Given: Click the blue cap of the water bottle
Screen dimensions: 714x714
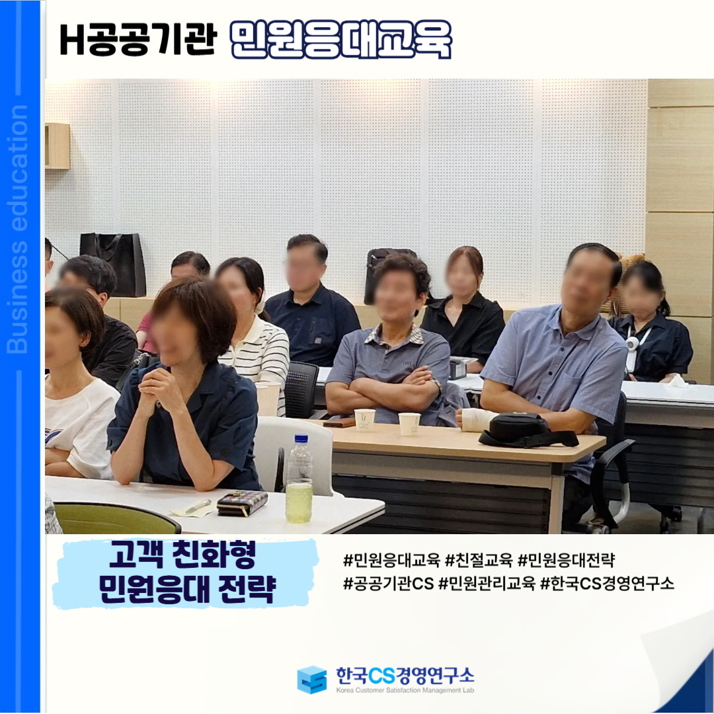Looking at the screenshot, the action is pyautogui.click(x=301, y=439).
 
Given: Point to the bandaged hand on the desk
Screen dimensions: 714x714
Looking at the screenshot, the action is pyautogui.click(x=476, y=419).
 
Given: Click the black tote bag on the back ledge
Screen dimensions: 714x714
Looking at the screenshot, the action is pyautogui.click(x=113, y=264).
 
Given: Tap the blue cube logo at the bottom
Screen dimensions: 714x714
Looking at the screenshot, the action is pyautogui.click(x=312, y=680).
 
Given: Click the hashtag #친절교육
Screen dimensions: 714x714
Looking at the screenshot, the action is pyautogui.click(x=479, y=560).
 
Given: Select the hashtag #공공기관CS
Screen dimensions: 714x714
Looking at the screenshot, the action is pyautogui.click(x=389, y=583).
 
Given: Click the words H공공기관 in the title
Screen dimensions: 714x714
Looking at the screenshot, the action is pyautogui.click(x=137, y=40).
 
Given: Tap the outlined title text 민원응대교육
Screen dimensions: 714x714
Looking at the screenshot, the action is pyautogui.click(x=340, y=40).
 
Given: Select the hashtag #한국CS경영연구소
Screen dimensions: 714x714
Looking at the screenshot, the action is pyautogui.click(x=607, y=583).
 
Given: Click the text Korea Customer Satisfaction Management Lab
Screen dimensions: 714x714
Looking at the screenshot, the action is pyautogui.click(x=405, y=690).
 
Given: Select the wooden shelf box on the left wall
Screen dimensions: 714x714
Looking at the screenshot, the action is pyautogui.click(x=58, y=145).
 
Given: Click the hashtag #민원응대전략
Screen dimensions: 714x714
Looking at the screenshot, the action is pyautogui.click(x=567, y=560).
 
